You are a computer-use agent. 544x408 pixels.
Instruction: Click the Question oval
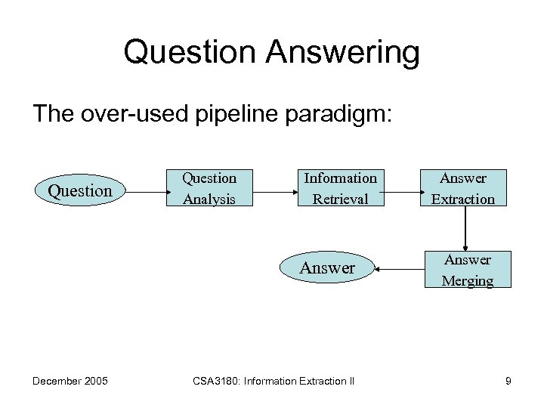(80, 190)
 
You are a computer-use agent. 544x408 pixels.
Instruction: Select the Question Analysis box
(209, 188)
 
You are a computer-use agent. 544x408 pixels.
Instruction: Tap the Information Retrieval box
(340, 188)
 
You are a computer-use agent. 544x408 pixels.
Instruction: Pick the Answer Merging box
(467, 270)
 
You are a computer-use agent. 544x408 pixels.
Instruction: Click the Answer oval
(327, 267)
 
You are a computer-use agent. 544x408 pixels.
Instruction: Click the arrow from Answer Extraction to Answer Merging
(466, 228)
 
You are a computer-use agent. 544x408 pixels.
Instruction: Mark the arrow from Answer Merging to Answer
(400, 268)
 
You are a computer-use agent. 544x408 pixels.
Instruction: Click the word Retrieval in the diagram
(340, 199)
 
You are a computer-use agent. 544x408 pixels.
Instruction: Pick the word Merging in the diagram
(467, 280)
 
